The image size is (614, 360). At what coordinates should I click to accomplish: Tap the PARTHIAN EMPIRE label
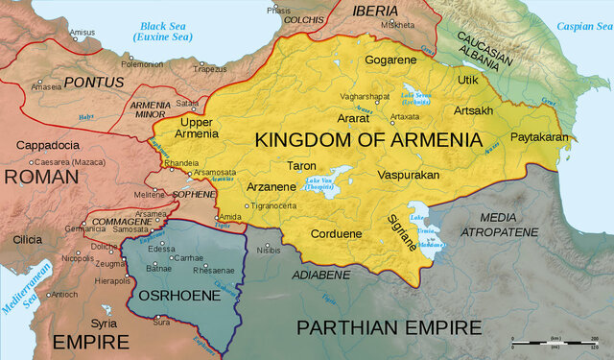pos(389,328)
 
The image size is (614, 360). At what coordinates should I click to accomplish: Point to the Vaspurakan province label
pos(407,177)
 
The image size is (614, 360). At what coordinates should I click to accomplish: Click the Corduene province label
pos(337,233)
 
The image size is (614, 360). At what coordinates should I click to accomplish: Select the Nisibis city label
pos(270,250)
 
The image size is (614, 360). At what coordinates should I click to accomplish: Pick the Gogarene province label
pos(391,60)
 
